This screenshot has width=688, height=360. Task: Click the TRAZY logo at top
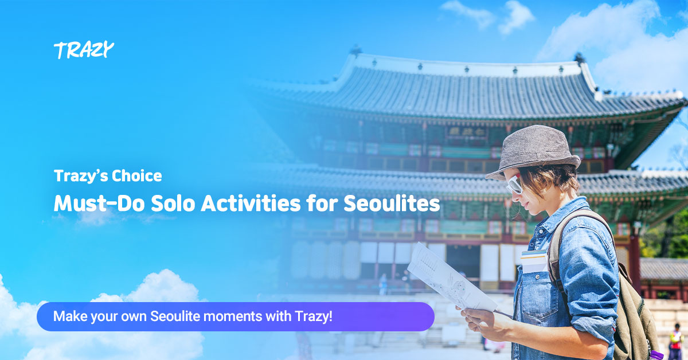tap(84, 50)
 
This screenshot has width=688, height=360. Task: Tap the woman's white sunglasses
tap(514, 183)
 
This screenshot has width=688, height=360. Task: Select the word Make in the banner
tap(67, 316)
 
